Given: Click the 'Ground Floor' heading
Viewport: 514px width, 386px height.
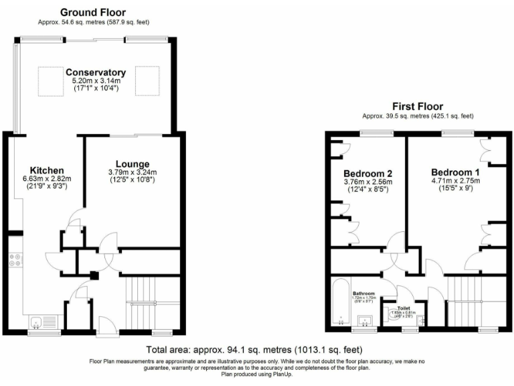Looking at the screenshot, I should pyautogui.click(x=92, y=12).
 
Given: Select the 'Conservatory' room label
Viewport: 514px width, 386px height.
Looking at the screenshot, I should pyautogui.click(x=96, y=72).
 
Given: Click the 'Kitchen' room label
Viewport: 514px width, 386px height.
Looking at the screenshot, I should pyautogui.click(x=47, y=170).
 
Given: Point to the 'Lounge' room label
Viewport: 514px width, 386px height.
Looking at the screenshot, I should pyautogui.click(x=132, y=164).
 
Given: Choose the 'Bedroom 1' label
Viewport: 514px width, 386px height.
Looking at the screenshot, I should pyautogui.click(x=455, y=171).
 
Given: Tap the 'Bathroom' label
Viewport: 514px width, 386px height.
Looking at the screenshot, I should pyautogui.click(x=363, y=294).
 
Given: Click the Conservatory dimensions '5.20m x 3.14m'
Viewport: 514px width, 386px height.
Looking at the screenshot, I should pyautogui.click(x=96, y=81).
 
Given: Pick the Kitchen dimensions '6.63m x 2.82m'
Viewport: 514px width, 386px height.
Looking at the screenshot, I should pyautogui.click(x=47, y=179).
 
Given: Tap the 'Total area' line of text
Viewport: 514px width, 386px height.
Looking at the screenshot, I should pyautogui.click(x=254, y=350).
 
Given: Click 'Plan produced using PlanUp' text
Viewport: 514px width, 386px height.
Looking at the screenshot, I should pyautogui.click(x=257, y=375).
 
